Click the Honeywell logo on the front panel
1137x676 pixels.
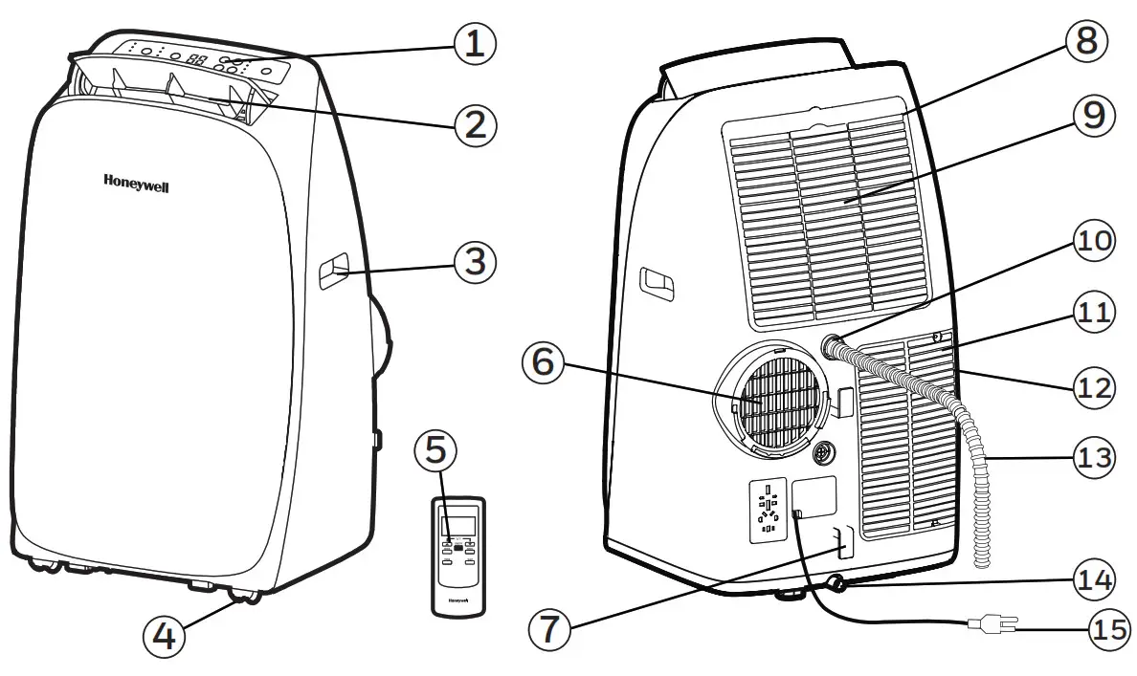(136, 184)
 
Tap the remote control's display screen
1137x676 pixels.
(457, 526)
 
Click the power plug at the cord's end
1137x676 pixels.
(992, 625)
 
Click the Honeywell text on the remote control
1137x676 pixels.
(457, 601)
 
